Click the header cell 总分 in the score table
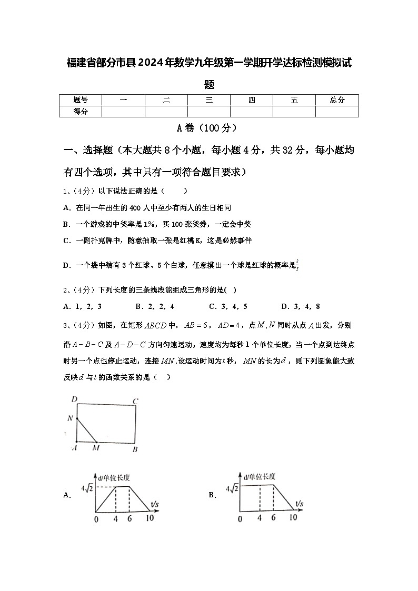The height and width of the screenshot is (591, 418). pyautogui.click(x=337, y=100)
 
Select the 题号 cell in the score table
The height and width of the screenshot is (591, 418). pyautogui.click(x=80, y=100)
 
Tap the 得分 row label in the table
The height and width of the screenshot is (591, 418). pyautogui.click(x=80, y=111)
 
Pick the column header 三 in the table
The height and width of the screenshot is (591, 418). pyautogui.click(x=209, y=100)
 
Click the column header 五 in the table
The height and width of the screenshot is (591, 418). pyautogui.click(x=294, y=100)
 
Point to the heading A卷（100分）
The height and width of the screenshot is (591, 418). pyautogui.click(x=208, y=128)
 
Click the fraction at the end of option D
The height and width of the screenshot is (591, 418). pyautogui.click(x=297, y=265)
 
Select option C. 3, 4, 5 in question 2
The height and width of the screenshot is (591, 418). pyautogui.click(x=228, y=306)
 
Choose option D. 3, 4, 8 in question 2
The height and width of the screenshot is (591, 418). pyautogui.click(x=301, y=306)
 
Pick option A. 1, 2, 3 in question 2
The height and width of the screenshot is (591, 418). pyautogui.click(x=82, y=306)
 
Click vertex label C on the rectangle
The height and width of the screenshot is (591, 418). pyautogui.click(x=135, y=402)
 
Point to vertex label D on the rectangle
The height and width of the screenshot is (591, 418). pyautogui.click(x=74, y=400)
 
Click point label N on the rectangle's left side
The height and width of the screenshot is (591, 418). pyautogui.click(x=70, y=418)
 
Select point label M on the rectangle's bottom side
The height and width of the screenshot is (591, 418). pyautogui.click(x=96, y=448)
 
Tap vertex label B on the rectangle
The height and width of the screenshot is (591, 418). pyautogui.click(x=135, y=449)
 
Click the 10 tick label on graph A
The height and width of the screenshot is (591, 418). pyautogui.click(x=150, y=518)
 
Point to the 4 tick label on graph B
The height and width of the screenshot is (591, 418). pyautogui.click(x=260, y=518)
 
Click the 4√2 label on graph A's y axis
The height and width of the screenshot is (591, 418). pyautogui.click(x=86, y=488)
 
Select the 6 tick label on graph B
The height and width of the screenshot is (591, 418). pyautogui.click(x=273, y=518)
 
